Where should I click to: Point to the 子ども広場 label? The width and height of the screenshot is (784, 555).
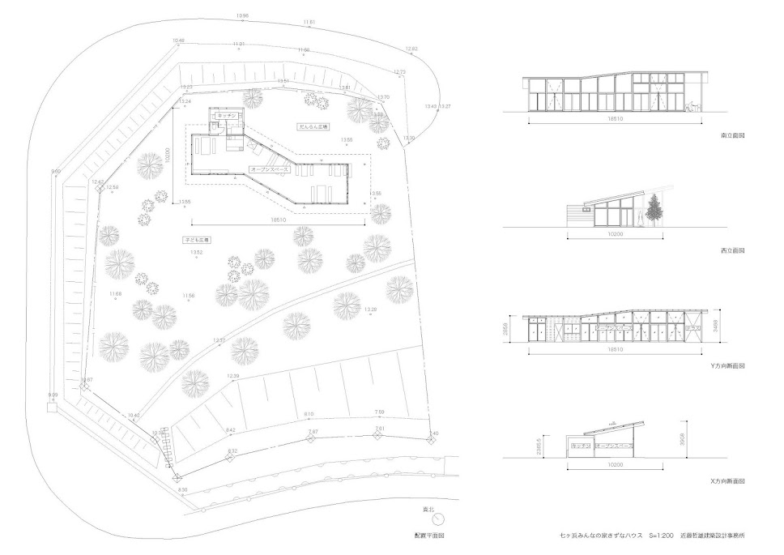[198, 241]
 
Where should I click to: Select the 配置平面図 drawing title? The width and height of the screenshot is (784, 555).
[428, 536]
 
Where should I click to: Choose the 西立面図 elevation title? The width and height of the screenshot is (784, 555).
[732, 250]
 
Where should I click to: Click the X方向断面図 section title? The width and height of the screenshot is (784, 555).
[727, 481]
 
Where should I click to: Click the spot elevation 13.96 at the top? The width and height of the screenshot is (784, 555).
[242, 16]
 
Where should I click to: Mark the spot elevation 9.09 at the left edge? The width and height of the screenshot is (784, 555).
[53, 395]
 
